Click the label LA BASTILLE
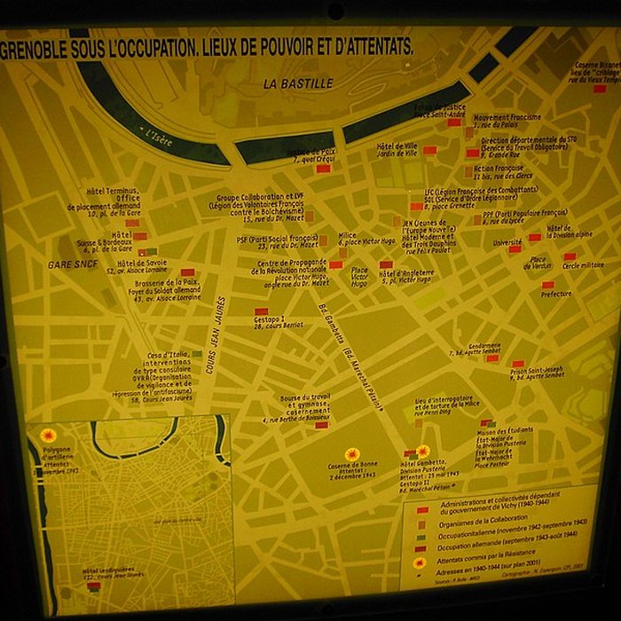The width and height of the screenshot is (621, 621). click(x=297, y=83)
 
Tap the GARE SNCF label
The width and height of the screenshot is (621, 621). click(x=73, y=264)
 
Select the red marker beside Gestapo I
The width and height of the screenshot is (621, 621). click(x=261, y=311)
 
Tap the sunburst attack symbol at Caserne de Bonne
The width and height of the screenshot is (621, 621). click(x=352, y=454)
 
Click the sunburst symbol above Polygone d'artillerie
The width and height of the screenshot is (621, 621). click(x=48, y=436)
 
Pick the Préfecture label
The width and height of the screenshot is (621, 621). click(x=556, y=294)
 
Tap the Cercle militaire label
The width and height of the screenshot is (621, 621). click(x=583, y=265)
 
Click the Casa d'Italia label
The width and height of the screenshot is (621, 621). click(x=168, y=356)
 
